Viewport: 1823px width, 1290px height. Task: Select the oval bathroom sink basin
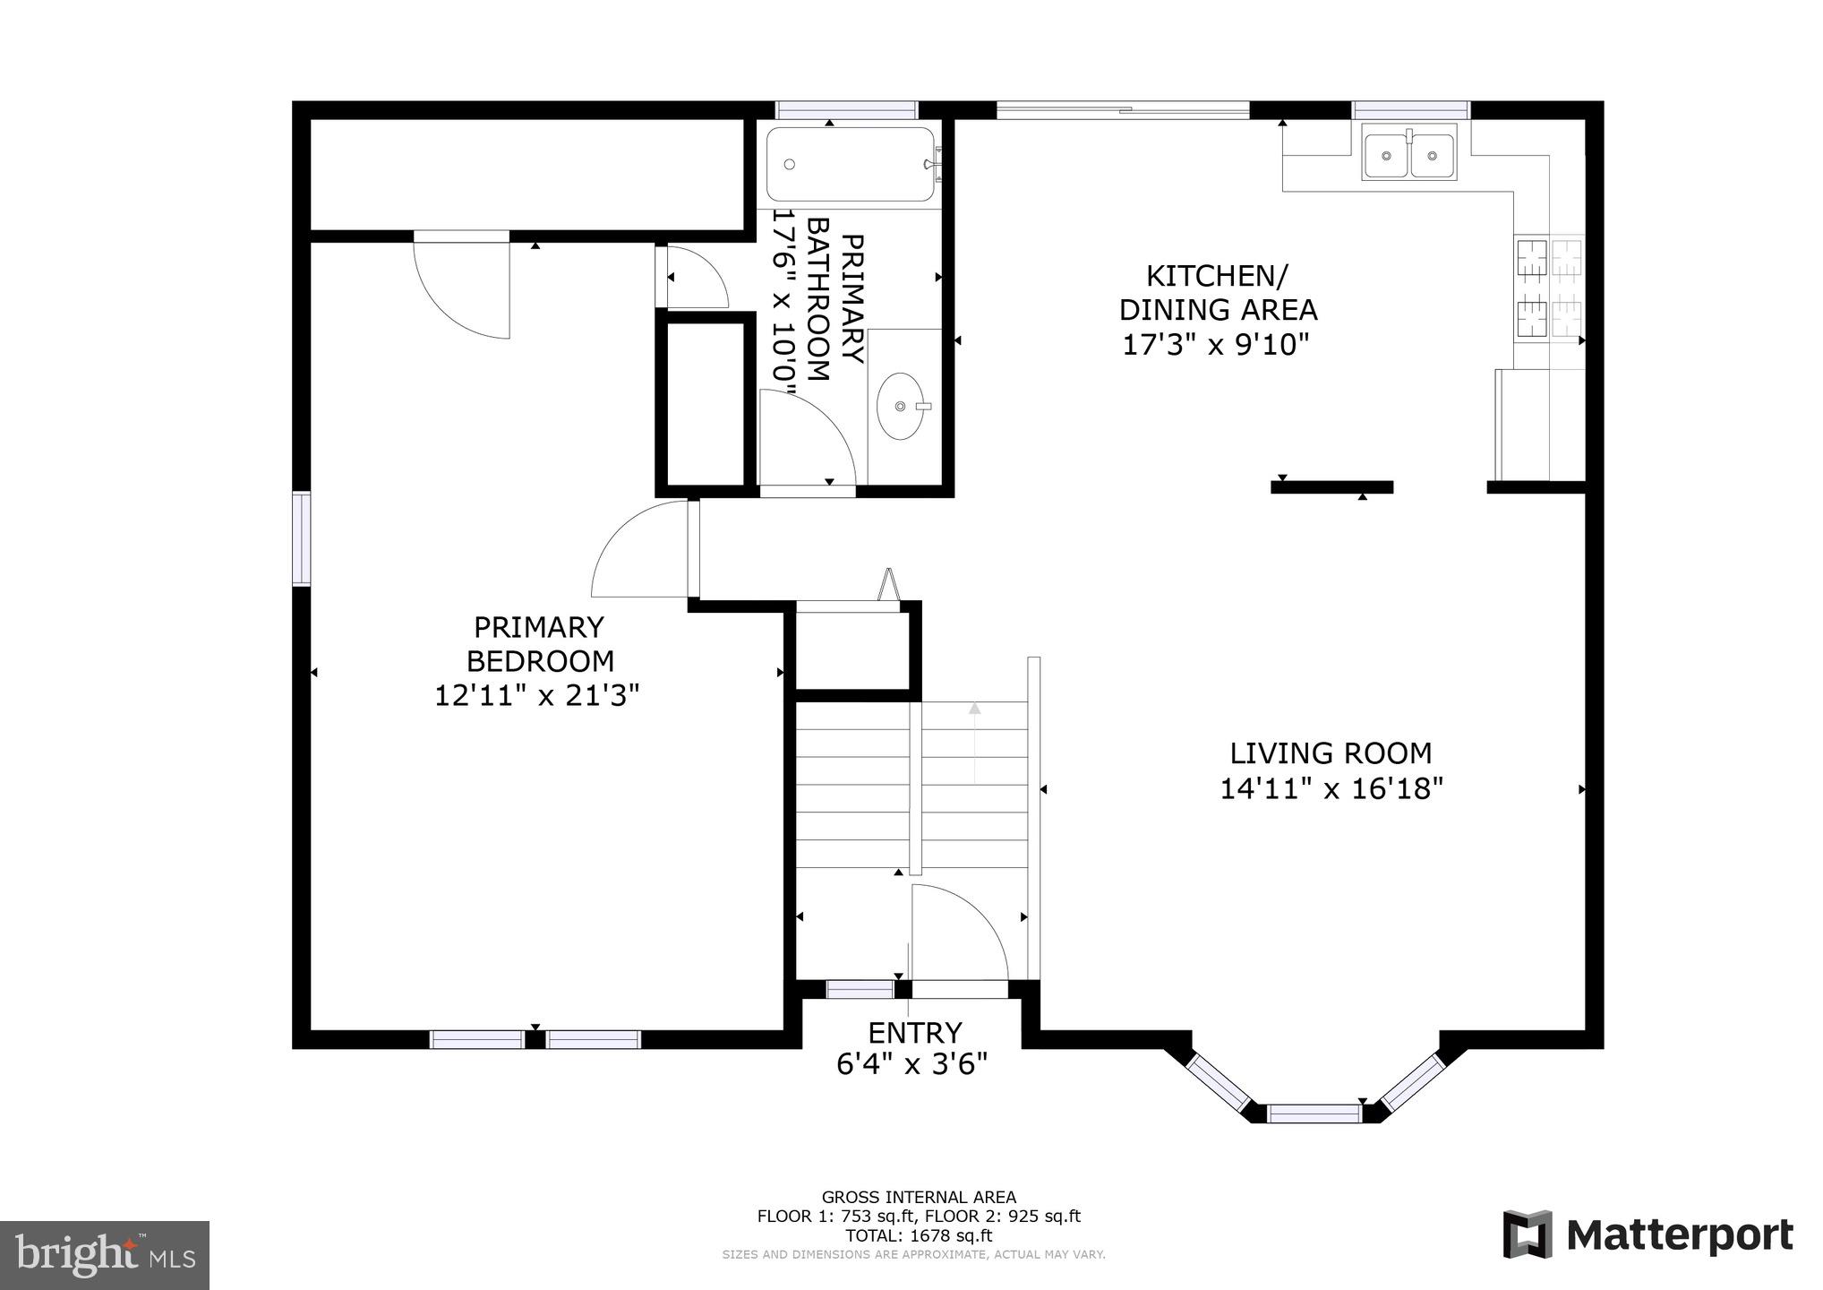pos(900,406)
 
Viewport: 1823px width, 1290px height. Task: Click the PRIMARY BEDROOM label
pos(539,643)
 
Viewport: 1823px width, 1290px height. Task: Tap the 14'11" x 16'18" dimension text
pos(1331,789)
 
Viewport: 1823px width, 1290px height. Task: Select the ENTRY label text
pos(914,1033)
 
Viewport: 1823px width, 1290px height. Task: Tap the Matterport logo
pos(1648,1235)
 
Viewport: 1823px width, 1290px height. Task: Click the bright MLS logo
pos(105,1254)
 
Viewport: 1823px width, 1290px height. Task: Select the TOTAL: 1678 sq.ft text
pos(919,1235)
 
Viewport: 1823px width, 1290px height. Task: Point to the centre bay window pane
pos(1314,1114)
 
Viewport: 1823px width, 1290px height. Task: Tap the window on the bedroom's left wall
pos(302,538)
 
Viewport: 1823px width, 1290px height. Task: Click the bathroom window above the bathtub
pos(846,110)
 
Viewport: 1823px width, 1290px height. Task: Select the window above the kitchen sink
pos(1410,110)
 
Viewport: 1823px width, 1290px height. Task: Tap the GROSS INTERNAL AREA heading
pos(919,1197)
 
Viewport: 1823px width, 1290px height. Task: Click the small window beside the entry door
pos(860,989)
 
